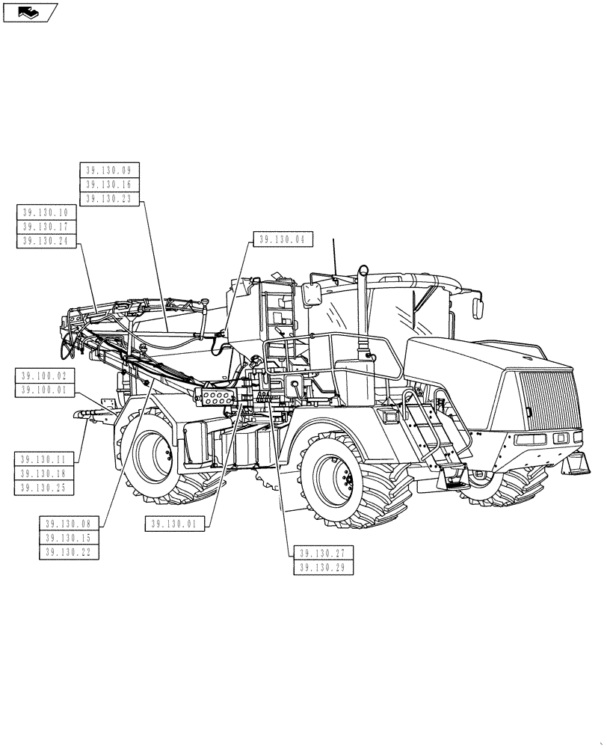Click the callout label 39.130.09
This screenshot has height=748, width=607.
[x=108, y=170]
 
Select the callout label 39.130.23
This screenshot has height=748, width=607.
[x=108, y=198]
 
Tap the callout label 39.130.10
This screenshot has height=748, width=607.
[x=46, y=212]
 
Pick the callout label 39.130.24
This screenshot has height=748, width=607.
[x=46, y=241]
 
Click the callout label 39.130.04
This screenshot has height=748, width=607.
[x=283, y=240]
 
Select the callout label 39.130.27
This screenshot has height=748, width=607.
[x=323, y=554]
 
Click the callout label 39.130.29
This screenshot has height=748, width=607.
[x=323, y=568]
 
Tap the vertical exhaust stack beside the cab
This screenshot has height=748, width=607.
[x=363, y=314]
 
